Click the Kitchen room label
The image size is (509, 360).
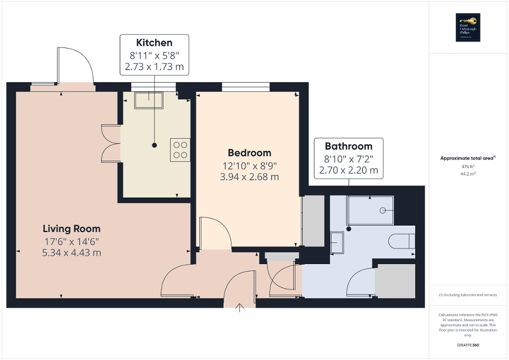click(154, 43)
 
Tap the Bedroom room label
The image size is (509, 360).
click(249, 153)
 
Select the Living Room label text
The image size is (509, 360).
click(71, 229)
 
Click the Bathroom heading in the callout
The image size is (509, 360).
click(348, 146)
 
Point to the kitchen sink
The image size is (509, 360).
click(149, 100)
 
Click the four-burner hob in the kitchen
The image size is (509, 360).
click(180, 149)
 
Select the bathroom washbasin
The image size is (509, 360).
click(337, 243)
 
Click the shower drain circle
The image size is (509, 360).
click(383, 210)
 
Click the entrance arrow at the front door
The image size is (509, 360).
click(241, 307)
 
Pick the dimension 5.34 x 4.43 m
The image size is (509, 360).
click(71, 252)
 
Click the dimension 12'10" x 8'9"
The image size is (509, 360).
click(249, 166)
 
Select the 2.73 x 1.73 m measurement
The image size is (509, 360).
click(154, 67)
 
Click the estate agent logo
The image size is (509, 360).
click(468, 27)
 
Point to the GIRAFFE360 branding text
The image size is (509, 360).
click(468, 345)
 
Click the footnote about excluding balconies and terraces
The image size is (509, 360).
click(468, 295)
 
